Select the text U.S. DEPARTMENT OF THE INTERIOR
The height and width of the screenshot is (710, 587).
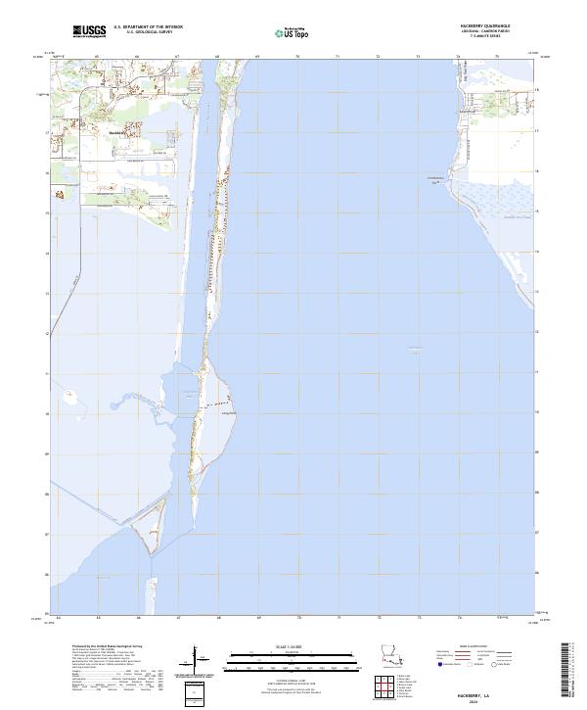click(149, 27)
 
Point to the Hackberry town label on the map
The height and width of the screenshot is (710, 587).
click(114, 131)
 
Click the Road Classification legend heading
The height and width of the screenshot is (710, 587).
click(479, 647)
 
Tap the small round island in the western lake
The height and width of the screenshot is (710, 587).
click(70, 399)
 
